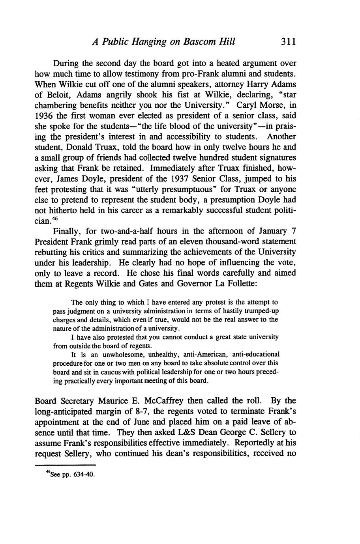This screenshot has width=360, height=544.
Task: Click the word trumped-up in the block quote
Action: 259,311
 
